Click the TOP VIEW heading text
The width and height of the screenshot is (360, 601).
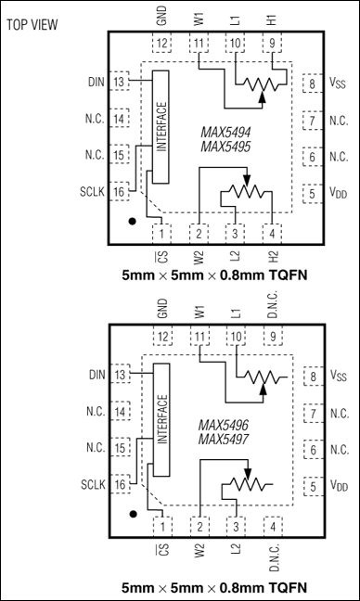[35, 23]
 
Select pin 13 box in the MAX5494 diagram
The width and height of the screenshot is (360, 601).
[119, 83]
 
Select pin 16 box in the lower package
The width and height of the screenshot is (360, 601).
[119, 483]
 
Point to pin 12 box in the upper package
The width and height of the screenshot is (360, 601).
[163, 44]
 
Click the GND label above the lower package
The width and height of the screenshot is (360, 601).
[163, 310]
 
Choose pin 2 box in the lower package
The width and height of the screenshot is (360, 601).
[199, 525]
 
